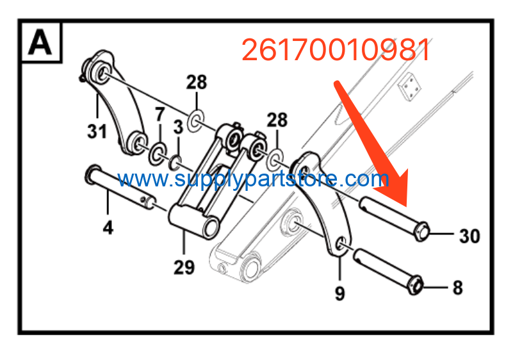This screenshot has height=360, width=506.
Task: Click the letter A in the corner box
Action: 40,42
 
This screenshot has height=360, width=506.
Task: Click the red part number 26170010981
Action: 336,49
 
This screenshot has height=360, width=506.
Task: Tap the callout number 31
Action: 97,132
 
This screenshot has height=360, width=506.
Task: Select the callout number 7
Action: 159,114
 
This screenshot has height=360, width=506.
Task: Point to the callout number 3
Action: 179,127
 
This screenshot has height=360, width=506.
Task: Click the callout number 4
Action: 108,227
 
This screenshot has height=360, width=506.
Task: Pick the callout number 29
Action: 184,267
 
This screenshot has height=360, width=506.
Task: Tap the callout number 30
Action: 470,236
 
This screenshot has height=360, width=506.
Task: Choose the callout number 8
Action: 457,288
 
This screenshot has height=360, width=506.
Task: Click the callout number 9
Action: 339,293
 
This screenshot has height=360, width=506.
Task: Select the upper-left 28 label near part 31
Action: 197,82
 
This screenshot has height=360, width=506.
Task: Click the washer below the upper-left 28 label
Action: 196,120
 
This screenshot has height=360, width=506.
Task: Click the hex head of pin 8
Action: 415,285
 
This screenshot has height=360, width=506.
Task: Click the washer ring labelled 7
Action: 158,153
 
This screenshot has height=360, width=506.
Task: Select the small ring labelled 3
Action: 175,163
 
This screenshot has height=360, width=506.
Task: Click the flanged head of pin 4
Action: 93,174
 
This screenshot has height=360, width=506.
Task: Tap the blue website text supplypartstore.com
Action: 253,179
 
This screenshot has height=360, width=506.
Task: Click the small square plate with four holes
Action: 410,86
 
